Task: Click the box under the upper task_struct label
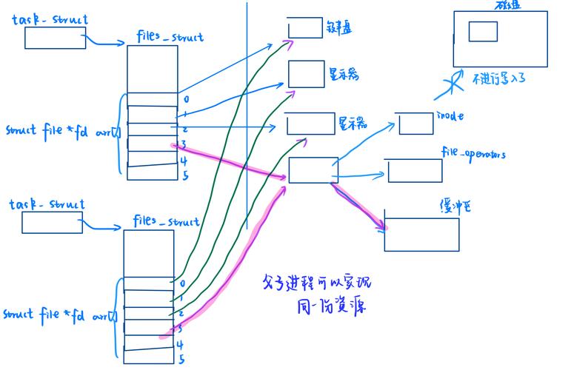55,38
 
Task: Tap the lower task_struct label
47,204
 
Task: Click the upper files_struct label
170,36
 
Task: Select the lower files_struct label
166,221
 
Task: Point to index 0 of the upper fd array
186,99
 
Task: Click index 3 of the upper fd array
183,144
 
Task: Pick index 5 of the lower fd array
181,360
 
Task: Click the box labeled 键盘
305,27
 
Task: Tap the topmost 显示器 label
344,75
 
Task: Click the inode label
450,116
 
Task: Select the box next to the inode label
415,124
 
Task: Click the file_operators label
473,154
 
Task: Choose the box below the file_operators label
415,171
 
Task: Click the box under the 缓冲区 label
421,234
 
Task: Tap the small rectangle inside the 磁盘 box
483,31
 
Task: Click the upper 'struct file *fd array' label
61,130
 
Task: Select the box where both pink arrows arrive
313,170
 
